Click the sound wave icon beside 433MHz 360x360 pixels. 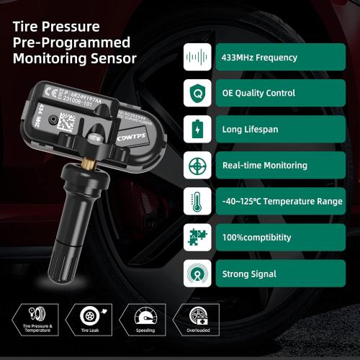pyautogui.click(x=197, y=57)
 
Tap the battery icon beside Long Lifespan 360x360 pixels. pyautogui.click(x=197, y=129)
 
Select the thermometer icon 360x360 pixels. pyautogui.click(x=197, y=201)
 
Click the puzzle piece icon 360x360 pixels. pyautogui.click(x=197, y=237)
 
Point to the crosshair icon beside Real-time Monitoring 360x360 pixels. pyautogui.click(x=197, y=165)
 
